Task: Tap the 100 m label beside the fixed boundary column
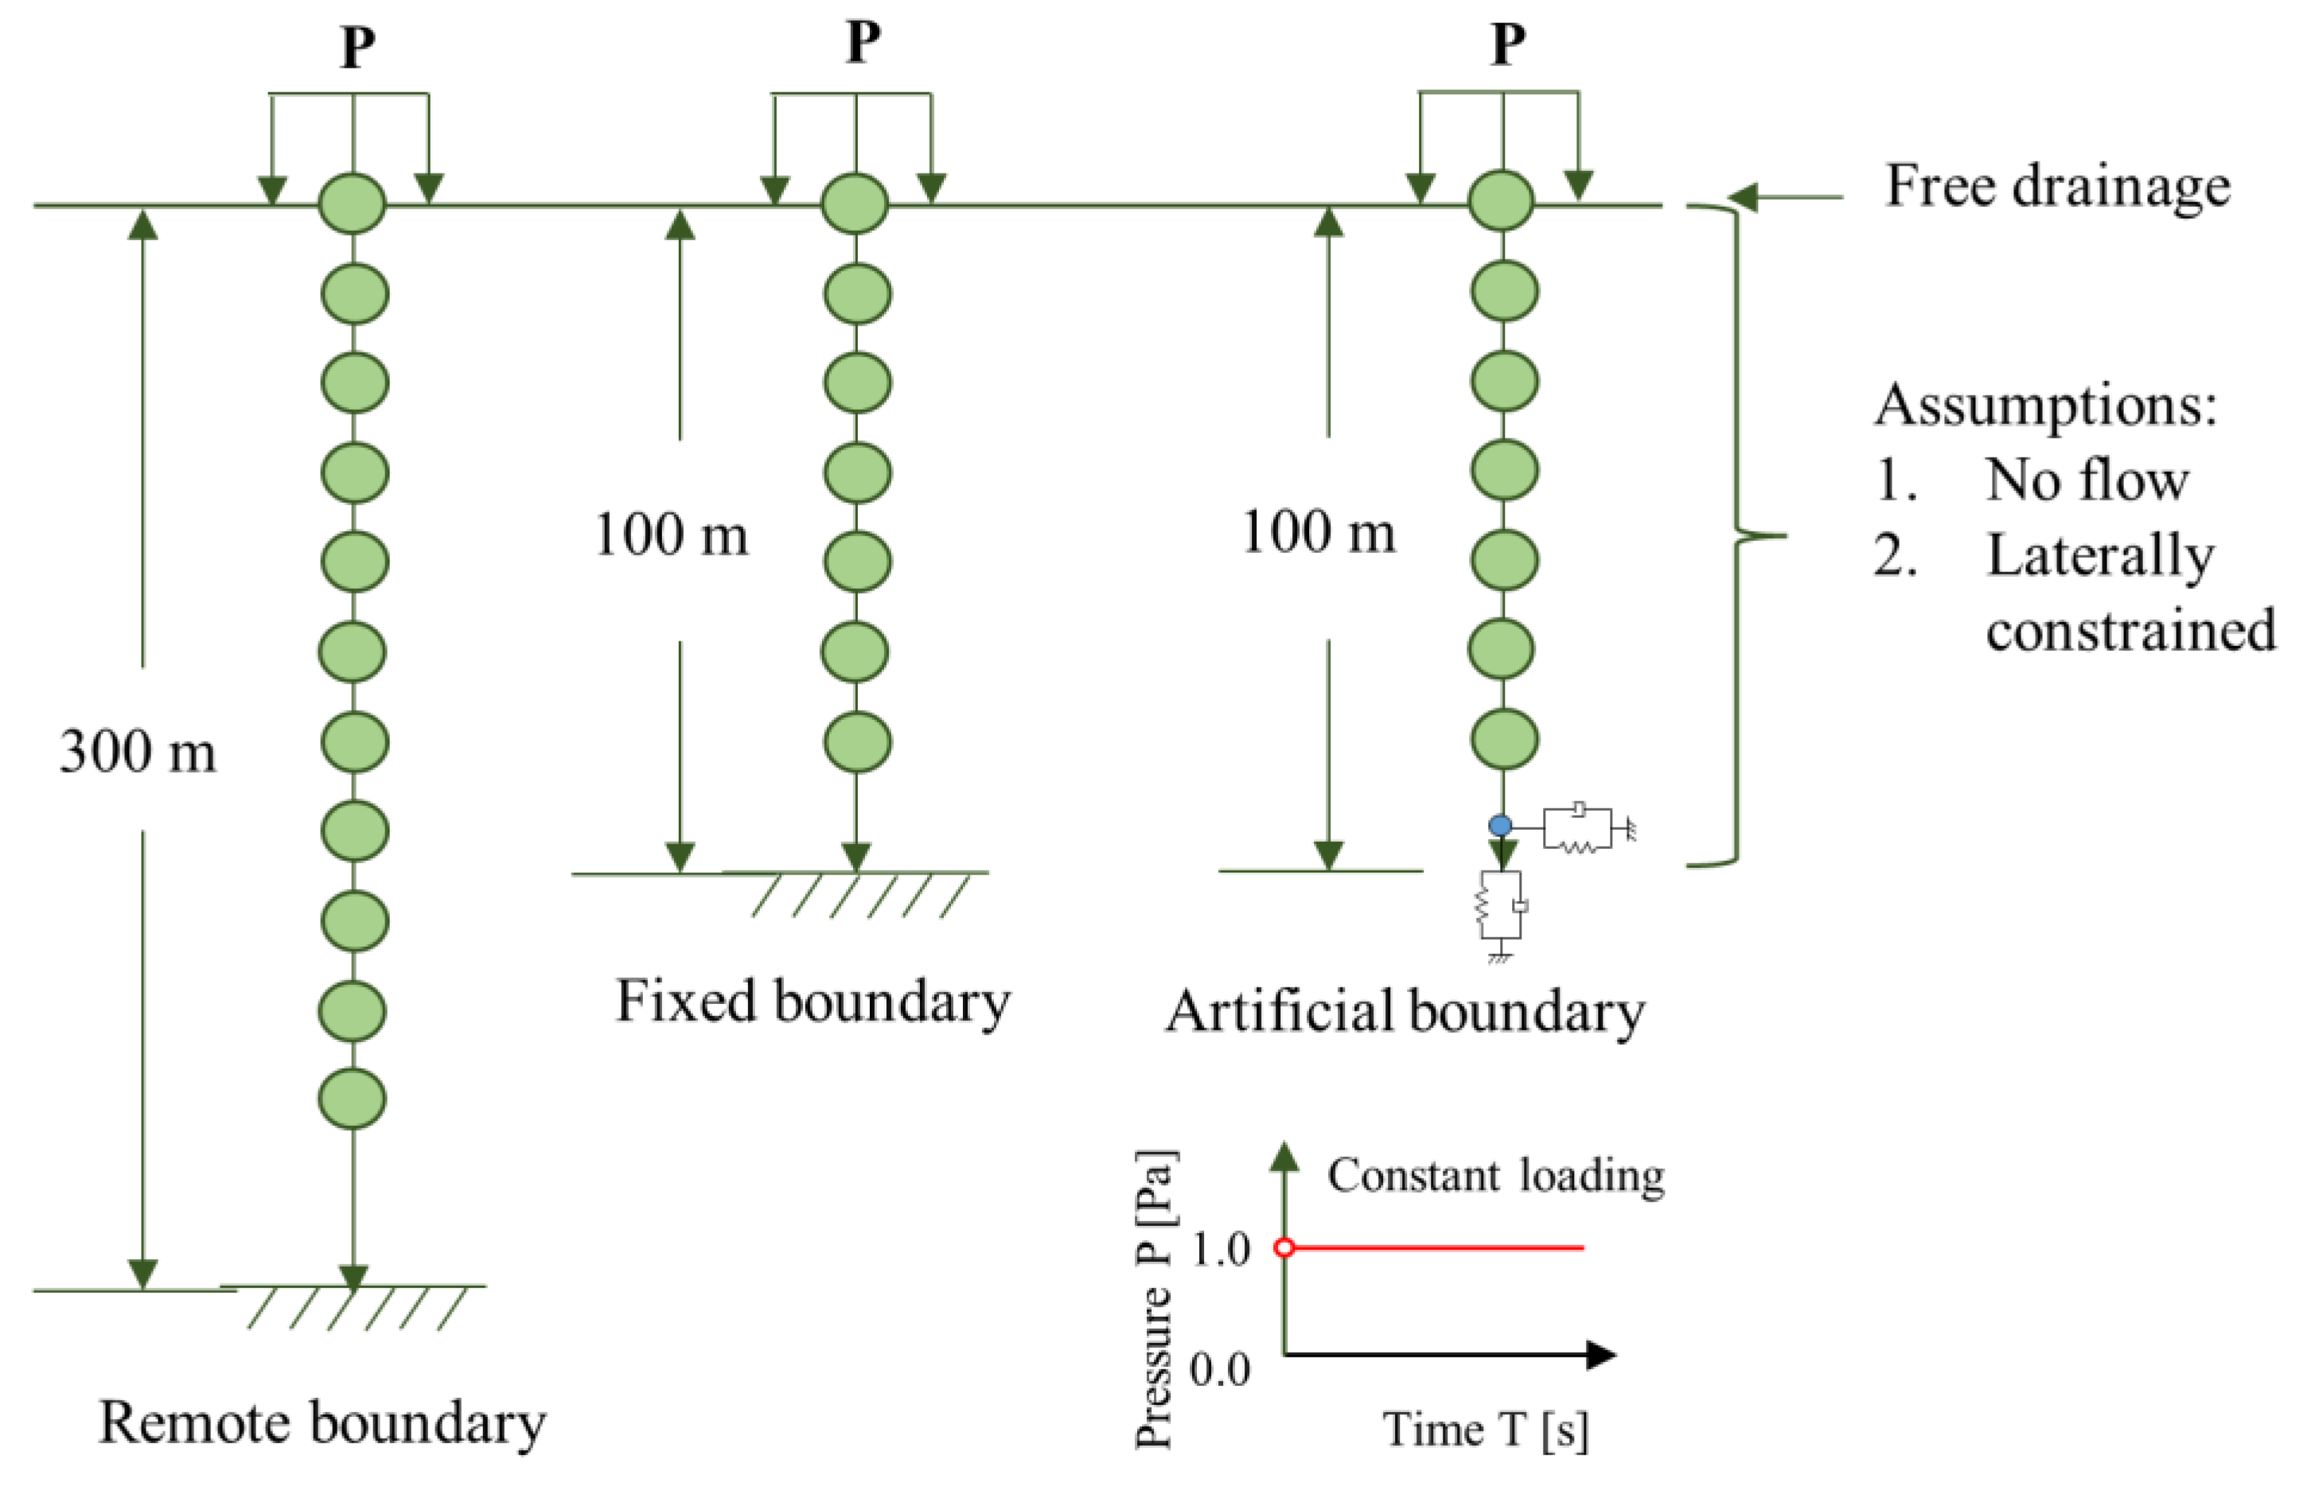pos(671,534)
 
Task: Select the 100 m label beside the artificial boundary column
pos(1318,531)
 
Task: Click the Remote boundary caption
pos(321,1423)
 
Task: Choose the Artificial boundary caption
pos(1405,1011)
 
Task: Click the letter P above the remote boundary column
pos(357,45)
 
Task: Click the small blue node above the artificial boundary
pos(1500,826)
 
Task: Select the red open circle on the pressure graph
pos(1284,1248)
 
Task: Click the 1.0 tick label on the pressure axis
pos(1221,1249)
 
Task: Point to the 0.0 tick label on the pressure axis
pos(1220,1369)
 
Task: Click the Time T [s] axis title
pos(1485,1429)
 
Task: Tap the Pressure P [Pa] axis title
pos(1154,1298)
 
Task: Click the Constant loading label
pos(1494,1175)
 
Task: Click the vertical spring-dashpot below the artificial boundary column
pos(1501,907)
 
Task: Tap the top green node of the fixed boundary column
pos(855,204)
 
